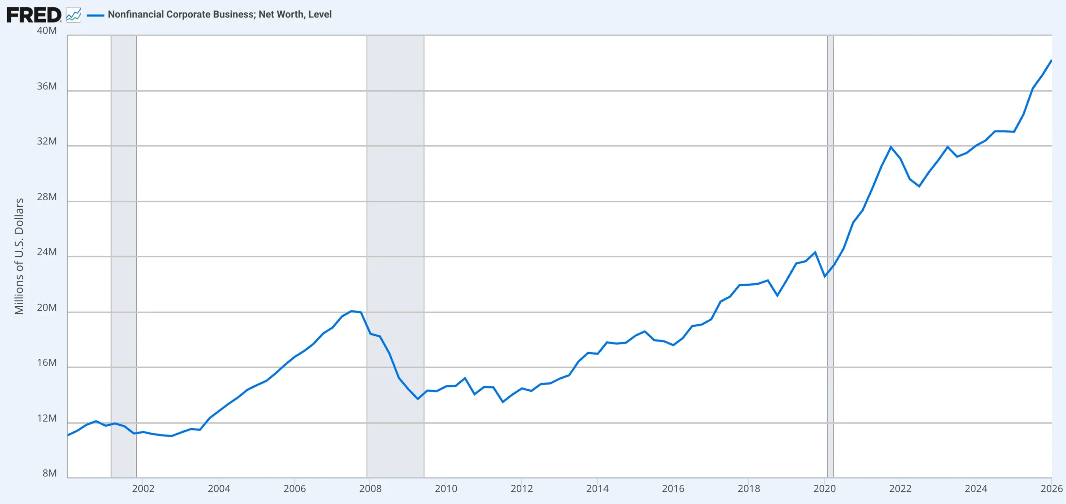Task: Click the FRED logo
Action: [x=34, y=15]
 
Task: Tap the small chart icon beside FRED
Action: [x=74, y=15]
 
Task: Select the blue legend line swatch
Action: [x=95, y=15]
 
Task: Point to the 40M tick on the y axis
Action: [x=47, y=30]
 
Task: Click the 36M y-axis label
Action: [x=47, y=86]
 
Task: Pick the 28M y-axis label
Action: [x=47, y=197]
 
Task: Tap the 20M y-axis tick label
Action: [x=47, y=308]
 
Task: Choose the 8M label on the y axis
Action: [x=50, y=473]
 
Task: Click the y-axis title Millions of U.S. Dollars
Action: [x=19, y=256]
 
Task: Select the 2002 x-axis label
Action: [x=143, y=489]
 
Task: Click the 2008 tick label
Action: [x=370, y=489]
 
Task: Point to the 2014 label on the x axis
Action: [x=598, y=489]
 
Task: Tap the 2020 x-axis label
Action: [x=824, y=489]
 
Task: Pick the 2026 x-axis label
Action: [x=1051, y=489]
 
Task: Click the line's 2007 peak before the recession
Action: [x=351, y=311]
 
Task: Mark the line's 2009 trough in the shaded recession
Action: [x=418, y=399]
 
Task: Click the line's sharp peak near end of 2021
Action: [x=891, y=147]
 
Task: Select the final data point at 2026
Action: [x=1051, y=61]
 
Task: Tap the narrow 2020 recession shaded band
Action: [x=830, y=256]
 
